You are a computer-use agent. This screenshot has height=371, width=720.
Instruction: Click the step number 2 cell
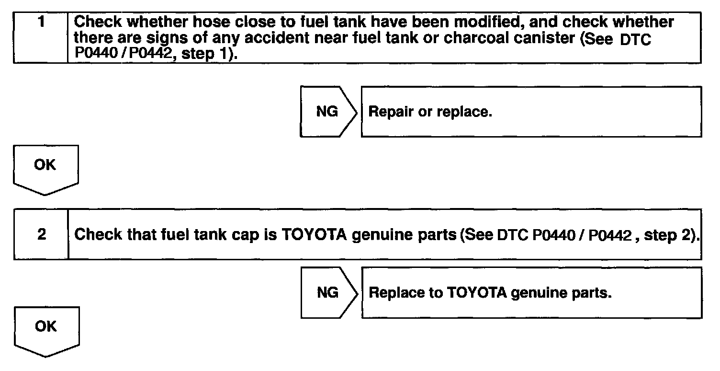42,235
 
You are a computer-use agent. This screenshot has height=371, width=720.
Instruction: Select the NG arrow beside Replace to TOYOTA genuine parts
328,292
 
